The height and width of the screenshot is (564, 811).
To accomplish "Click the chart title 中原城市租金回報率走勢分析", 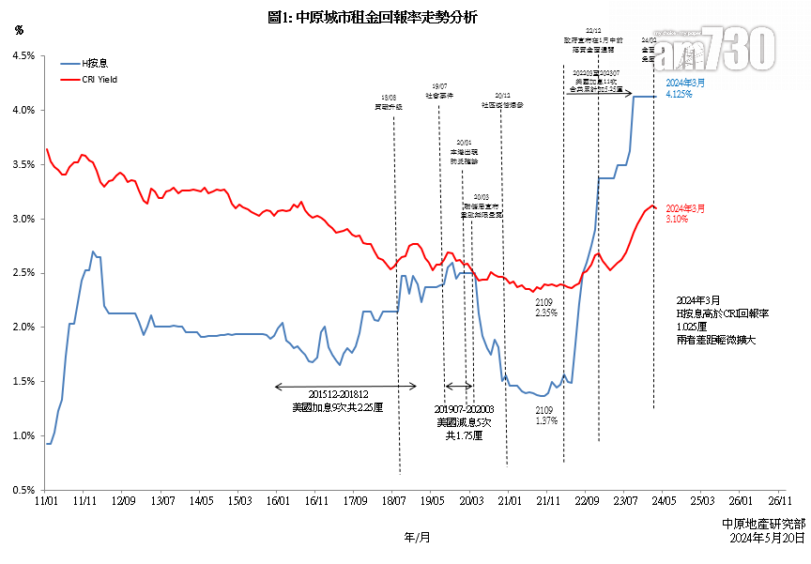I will [384, 17].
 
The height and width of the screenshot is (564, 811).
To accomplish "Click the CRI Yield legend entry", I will [99, 80].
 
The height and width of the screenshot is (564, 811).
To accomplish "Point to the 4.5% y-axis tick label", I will [24, 56].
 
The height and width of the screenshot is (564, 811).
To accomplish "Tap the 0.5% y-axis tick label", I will [24, 490].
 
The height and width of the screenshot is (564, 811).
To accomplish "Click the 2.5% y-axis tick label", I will [24, 273].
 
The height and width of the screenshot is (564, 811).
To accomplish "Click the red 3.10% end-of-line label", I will [677, 213].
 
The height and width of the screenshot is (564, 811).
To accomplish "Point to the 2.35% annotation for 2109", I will [545, 312].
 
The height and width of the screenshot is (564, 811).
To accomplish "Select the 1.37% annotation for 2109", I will [545, 420].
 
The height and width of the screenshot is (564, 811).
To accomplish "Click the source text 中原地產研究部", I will [763, 525].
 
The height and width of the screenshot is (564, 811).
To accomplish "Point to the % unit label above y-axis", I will [19, 30].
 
